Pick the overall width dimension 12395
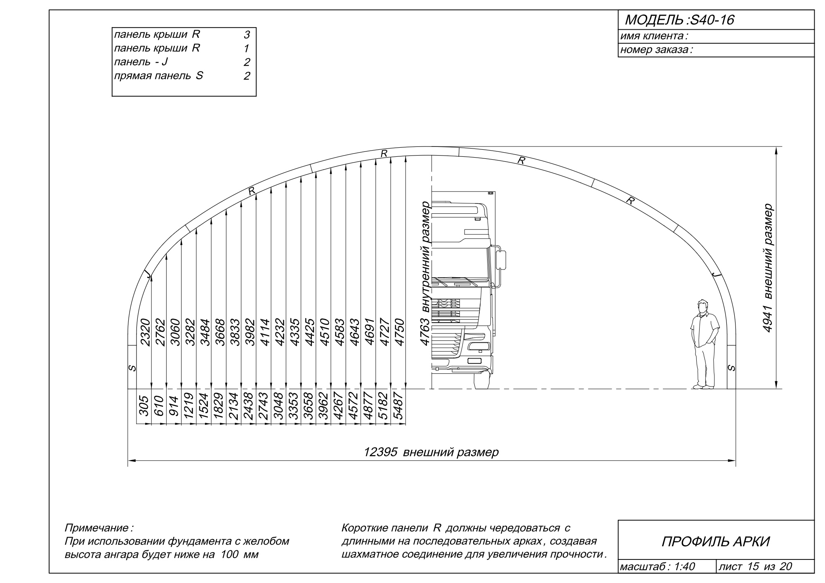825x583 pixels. coord(380,452)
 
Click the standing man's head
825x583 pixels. coord(702,307)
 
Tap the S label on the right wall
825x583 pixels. coord(731,368)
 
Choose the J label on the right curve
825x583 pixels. coord(717,274)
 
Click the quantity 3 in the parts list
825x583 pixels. coord(247,35)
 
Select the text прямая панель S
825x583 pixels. coord(158,76)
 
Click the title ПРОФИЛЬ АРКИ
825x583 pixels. coord(716,541)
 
